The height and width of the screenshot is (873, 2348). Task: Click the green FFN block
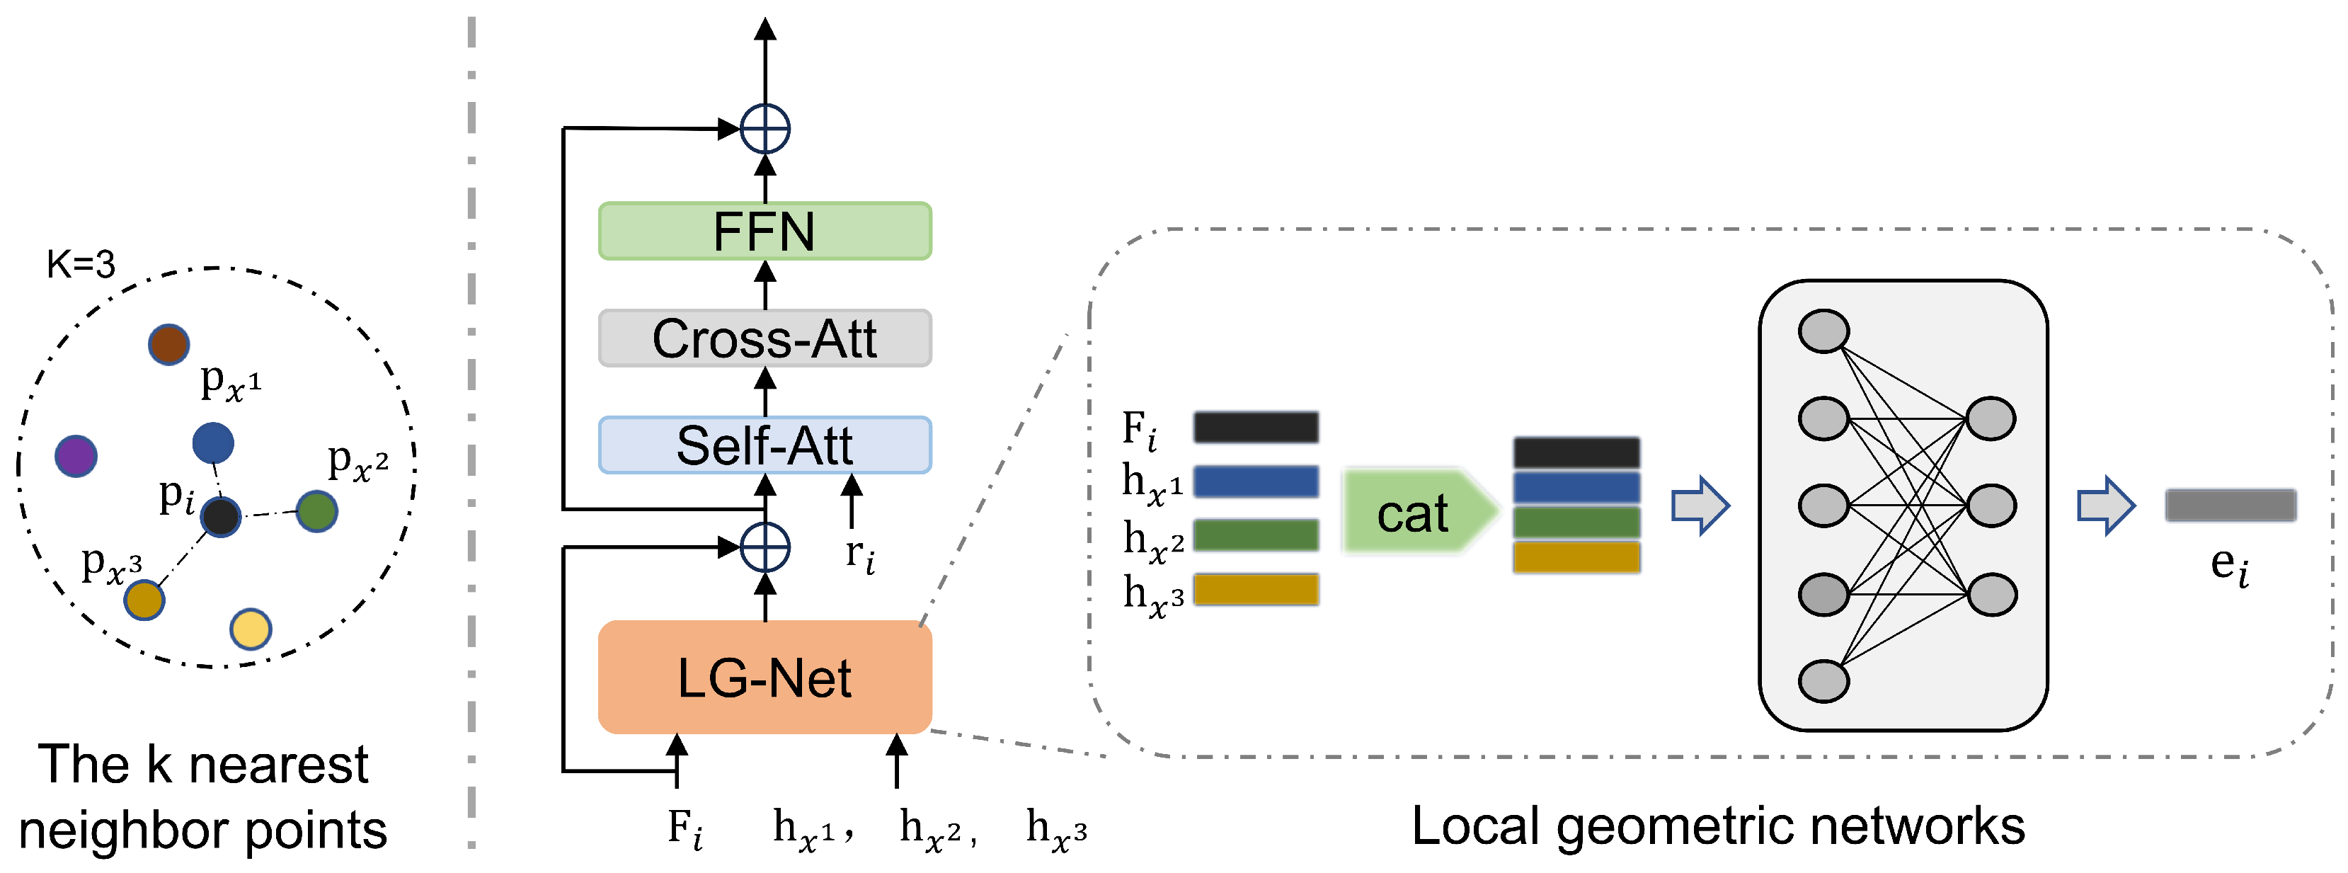point(764,231)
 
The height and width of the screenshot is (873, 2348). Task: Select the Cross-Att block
point(764,338)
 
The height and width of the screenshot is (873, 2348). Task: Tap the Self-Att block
point(764,445)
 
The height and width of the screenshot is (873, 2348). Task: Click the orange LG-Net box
point(764,677)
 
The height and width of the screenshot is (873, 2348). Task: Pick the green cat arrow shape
point(1417,512)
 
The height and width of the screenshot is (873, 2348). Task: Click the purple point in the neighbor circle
point(76,456)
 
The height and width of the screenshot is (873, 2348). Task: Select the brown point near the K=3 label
point(168,345)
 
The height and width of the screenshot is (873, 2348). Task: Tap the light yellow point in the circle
point(251,629)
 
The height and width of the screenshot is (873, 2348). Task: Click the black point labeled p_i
point(221,517)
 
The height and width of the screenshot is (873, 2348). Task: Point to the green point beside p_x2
point(317,511)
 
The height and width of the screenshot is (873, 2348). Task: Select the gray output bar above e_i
point(2230,505)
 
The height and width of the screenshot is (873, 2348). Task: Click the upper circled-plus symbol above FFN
point(764,130)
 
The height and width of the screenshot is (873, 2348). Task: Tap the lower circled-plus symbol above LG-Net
point(764,548)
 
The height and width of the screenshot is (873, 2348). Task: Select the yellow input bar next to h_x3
point(1255,590)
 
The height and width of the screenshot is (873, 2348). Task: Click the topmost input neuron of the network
point(1823,331)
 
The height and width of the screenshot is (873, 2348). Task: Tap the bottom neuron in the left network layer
point(1823,680)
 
